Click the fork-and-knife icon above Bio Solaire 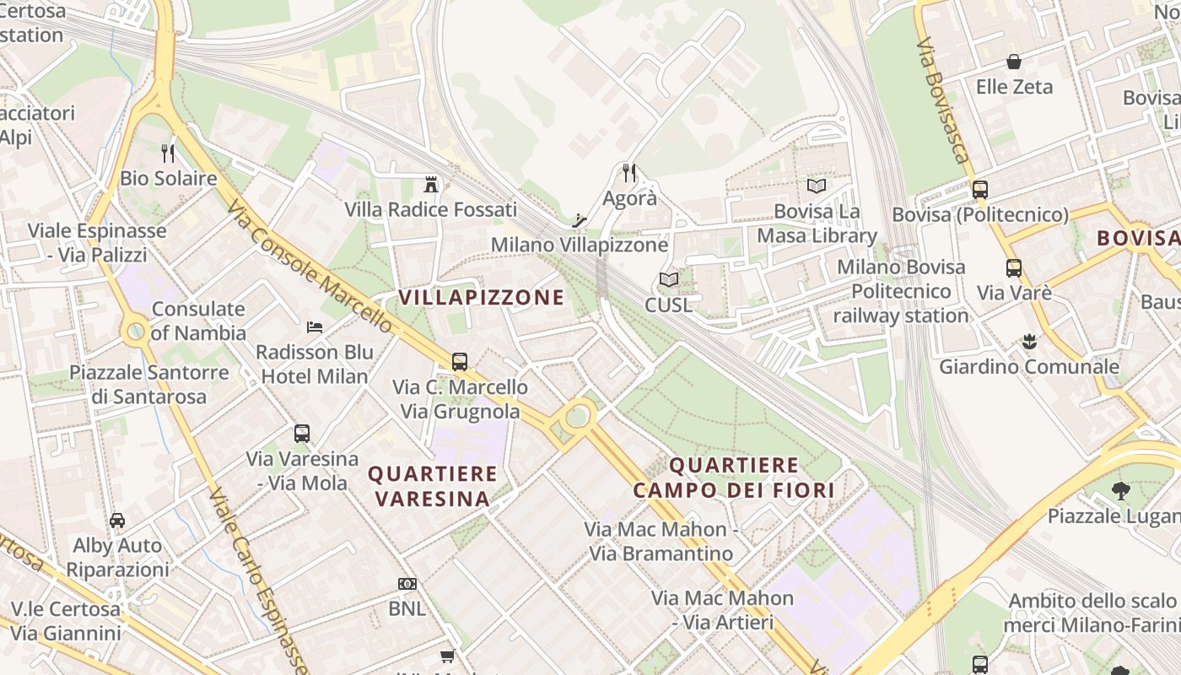pyautogui.click(x=168, y=153)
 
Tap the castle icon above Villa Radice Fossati pyautogui.click(x=431, y=184)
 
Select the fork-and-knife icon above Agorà pyautogui.click(x=629, y=173)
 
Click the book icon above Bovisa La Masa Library pyautogui.click(x=816, y=186)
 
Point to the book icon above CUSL pyautogui.click(x=668, y=279)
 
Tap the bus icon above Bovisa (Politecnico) pyautogui.click(x=979, y=190)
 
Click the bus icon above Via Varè pyautogui.click(x=1013, y=268)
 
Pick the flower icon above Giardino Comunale pyautogui.click(x=1028, y=342)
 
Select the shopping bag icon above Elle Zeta pyautogui.click(x=1014, y=62)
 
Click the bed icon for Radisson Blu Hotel pyautogui.click(x=315, y=327)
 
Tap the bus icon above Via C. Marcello pyautogui.click(x=460, y=362)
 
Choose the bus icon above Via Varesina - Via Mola pyautogui.click(x=302, y=434)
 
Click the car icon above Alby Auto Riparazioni pyautogui.click(x=117, y=521)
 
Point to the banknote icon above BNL pyautogui.click(x=407, y=583)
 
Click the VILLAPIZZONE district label pyautogui.click(x=481, y=297)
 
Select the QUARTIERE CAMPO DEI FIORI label pyautogui.click(x=734, y=478)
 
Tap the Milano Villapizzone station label pyautogui.click(x=580, y=245)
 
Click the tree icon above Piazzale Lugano pyautogui.click(x=1120, y=490)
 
